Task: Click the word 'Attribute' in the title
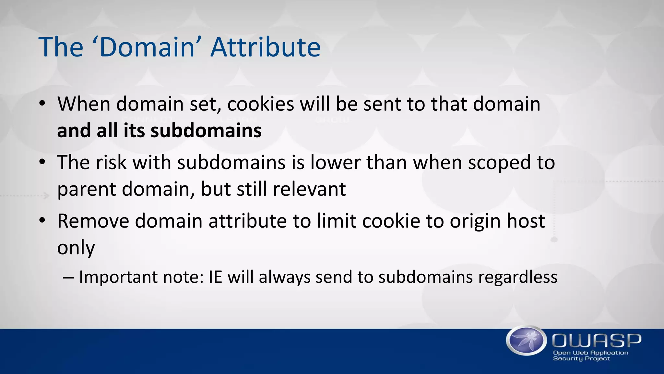pyautogui.click(x=266, y=47)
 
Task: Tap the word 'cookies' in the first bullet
pyautogui.click(x=260, y=104)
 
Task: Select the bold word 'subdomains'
pyautogui.click(x=206, y=131)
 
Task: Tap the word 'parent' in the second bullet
pyautogui.click(x=86, y=190)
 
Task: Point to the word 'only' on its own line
pyautogui.click(x=76, y=248)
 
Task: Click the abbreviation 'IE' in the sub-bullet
pyautogui.click(x=215, y=277)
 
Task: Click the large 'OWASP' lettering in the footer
pyautogui.click(x=597, y=341)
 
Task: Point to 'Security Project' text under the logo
pyautogui.click(x=581, y=359)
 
